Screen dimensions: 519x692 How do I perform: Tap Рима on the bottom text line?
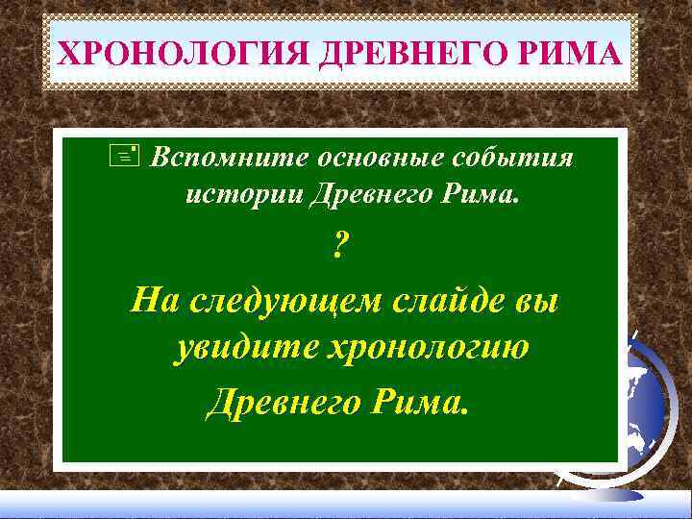pyautogui.click(x=421, y=399)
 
